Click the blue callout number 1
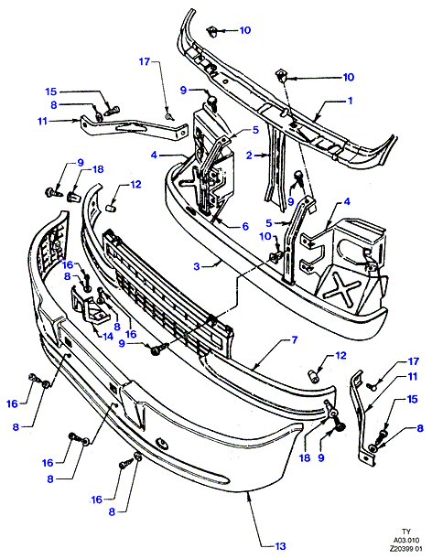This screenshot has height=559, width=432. tap(350, 101)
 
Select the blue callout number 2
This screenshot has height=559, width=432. tap(249, 156)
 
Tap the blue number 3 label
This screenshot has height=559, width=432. tap(197, 266)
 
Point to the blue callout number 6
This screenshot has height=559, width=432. tap(245, 226)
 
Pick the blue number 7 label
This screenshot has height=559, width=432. tap(294, 339)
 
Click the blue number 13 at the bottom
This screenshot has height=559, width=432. tap(280, 546)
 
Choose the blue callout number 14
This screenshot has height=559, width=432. tap(107, 336)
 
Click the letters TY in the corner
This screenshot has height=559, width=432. tap(405, 532)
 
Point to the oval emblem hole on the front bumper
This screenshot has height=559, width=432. tap(162, 442)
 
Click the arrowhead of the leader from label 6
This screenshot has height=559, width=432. tap(214, 217)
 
